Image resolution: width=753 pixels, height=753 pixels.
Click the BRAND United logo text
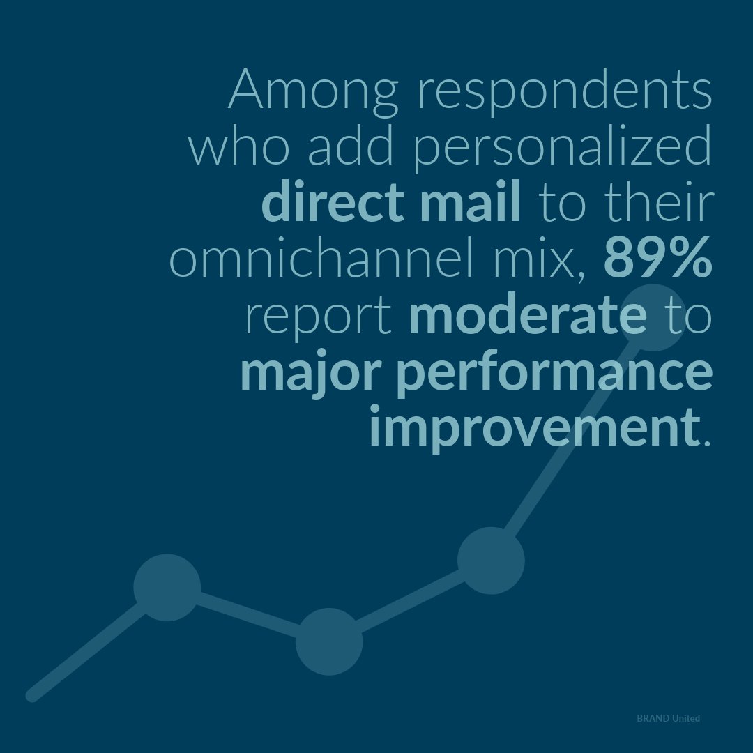tap(668, 718)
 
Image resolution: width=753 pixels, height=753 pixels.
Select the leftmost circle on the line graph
tap(167, 587)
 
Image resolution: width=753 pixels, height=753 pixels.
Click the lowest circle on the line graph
tap(328, 641)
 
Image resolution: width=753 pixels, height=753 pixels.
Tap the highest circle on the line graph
tap(653, 317)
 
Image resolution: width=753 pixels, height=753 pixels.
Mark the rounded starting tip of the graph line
tap(32, 695)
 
